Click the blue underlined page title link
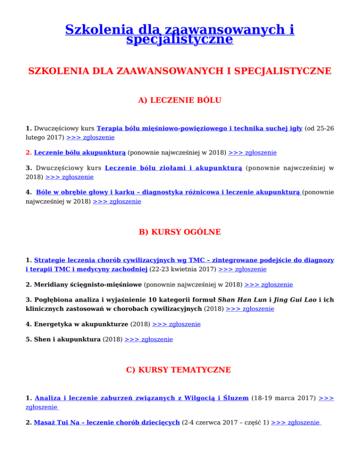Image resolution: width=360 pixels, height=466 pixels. (x=180, y=34)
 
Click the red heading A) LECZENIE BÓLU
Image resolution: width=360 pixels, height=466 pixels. (x=180, y=100)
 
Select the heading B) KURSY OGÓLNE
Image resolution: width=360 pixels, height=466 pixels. (x=180, y=232)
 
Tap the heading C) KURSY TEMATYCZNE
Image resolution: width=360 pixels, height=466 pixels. (x=180, y=370)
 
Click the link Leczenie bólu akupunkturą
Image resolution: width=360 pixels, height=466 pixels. (x=80, y=152)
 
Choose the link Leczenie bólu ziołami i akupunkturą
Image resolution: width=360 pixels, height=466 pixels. (x=173, y=168)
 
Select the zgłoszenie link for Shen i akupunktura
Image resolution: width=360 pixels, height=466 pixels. (x=149, y=339)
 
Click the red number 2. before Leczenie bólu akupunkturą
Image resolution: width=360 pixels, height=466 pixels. (x=29, y=152)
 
